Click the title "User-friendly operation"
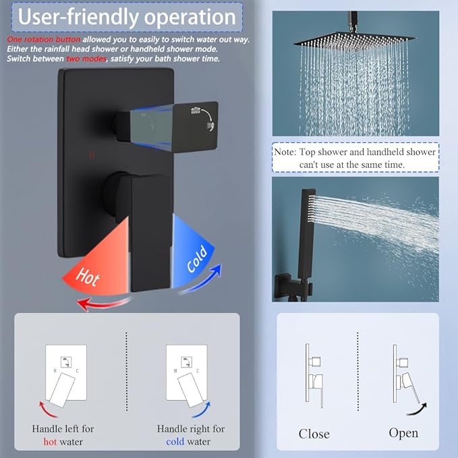pos(126,17)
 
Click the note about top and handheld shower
pos(355,158)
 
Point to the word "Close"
pos(314,433)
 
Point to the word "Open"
pos(403,432)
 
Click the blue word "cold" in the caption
pos(175,442)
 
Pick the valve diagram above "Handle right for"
pos(187,376)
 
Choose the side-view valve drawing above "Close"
pos(314,374)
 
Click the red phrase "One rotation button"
pos(43,40)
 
